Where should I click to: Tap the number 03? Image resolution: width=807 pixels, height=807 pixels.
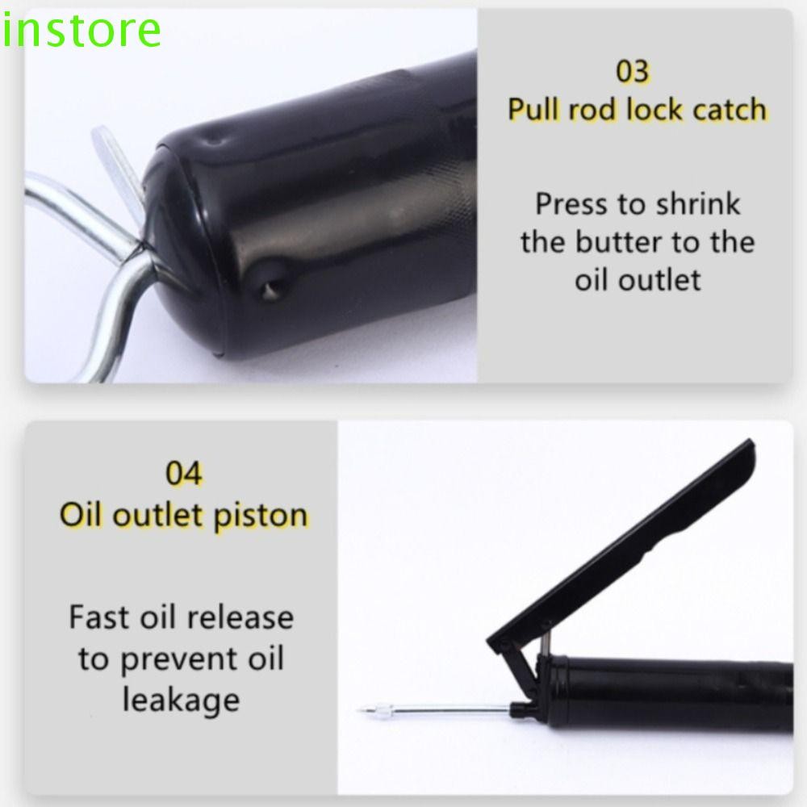click(633, 72)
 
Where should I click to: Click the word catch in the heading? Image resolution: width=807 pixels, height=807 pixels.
click(729, 109)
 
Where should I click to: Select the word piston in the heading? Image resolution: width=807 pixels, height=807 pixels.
click(261, 515)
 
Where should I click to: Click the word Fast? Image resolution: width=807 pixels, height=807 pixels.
click(98, 618)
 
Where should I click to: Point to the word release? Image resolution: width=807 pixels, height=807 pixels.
click(240, 618)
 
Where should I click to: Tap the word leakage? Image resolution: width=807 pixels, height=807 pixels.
click(181, 698)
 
